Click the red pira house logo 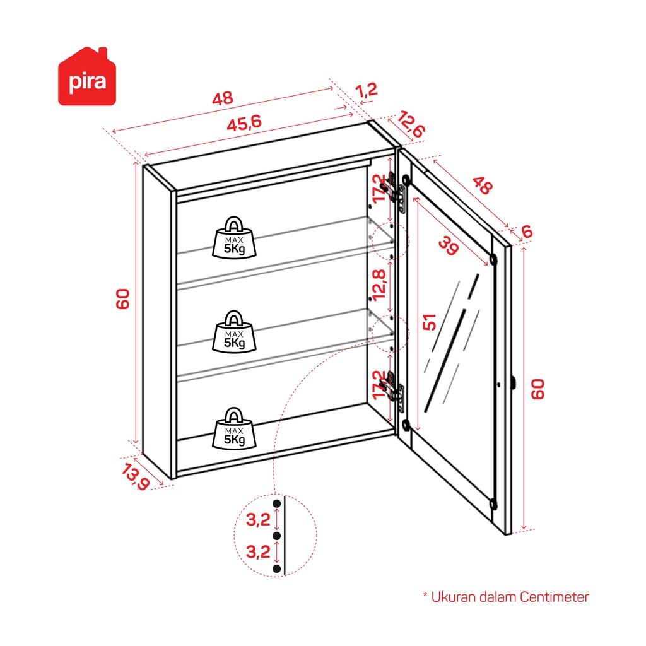[x=87, y=76]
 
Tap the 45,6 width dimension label [x=244, y=122]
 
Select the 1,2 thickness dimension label [x=367, y=90]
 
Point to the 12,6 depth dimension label [x=411, y=124]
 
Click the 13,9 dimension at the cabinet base [x=135, y=477]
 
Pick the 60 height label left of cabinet [x=123, y=298]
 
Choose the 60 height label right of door [x=537, y=389]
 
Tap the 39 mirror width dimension [x=449, y=245]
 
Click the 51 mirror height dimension [x=429, y=322]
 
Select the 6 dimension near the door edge [x=527, y=232]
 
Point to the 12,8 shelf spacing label [x=379, y=285]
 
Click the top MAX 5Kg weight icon [x=234, y=238]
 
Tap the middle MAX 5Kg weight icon [x=234, y=332]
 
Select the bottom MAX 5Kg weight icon [x=234, y=428]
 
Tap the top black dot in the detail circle [x=276, y=503]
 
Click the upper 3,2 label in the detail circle [x=258, y=520]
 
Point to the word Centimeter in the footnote [x=554, y=597]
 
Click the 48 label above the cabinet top [x=223, y=98]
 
